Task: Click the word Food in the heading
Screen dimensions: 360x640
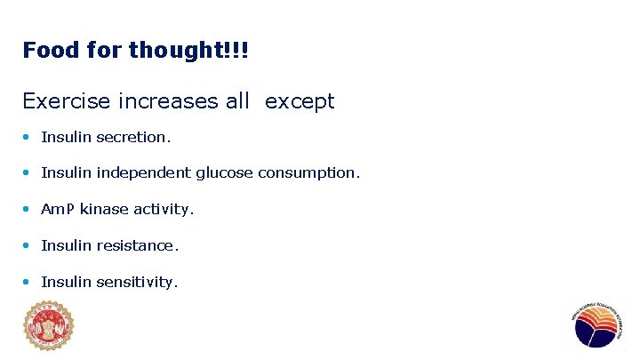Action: (x=51, y=51)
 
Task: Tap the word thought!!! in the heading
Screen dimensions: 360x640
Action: (x=188, y=51)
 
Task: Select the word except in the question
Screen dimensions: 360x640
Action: (x=300, y=102)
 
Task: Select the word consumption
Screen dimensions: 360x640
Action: (x=308, y=173)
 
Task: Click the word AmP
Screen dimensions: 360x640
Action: (x=58, y=210)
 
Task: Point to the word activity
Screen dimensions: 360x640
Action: (x=164, y=210)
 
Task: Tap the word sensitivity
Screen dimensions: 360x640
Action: (x=138, y=282)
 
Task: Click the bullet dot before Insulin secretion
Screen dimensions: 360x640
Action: (x=28, y=138)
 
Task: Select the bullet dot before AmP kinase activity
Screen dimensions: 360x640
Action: (x=28, y=210)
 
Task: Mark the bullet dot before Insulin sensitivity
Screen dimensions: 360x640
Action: (x=28, y=282)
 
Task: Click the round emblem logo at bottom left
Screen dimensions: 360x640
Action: (x=48, y=326)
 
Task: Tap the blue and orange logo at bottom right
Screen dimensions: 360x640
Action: (x=595, y=326)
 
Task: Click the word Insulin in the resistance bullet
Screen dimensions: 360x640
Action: (x=67, y=245)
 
